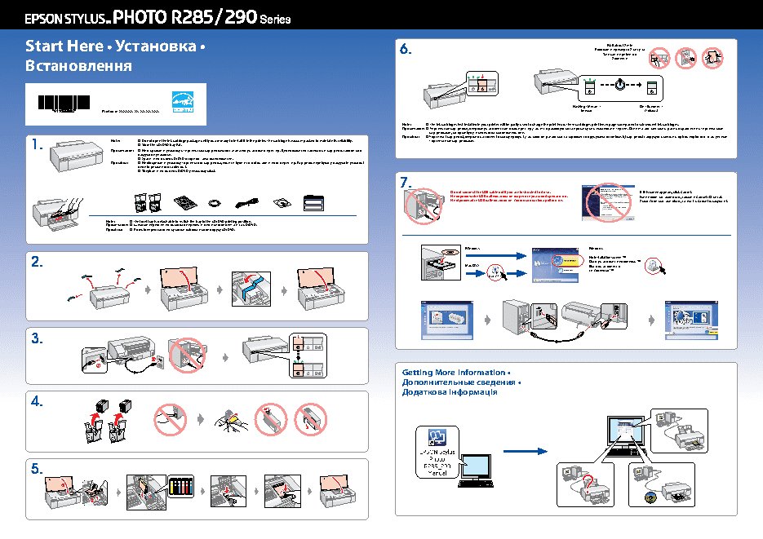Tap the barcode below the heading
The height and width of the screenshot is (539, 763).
pyautogui.click(x=65, y=104)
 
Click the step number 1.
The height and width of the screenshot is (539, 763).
pyautogui.click(x=37, y=145)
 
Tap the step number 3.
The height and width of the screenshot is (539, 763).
pyautogui.click(x=37, y=337)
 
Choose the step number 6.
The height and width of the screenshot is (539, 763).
pyautogui.click(x=406, y=50)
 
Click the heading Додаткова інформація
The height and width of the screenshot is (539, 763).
pyautogui.click(x=450, y=392)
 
